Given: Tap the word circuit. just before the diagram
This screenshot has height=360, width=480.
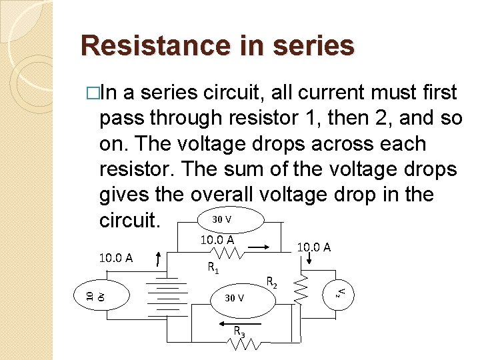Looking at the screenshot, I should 130,220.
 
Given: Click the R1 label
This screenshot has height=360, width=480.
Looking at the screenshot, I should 213,268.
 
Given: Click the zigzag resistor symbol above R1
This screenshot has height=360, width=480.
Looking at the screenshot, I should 227,253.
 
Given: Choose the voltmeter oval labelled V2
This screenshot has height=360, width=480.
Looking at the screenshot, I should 339,291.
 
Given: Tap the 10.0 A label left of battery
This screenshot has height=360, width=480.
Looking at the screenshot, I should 116,258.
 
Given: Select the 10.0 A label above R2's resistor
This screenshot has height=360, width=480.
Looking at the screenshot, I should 313,247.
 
